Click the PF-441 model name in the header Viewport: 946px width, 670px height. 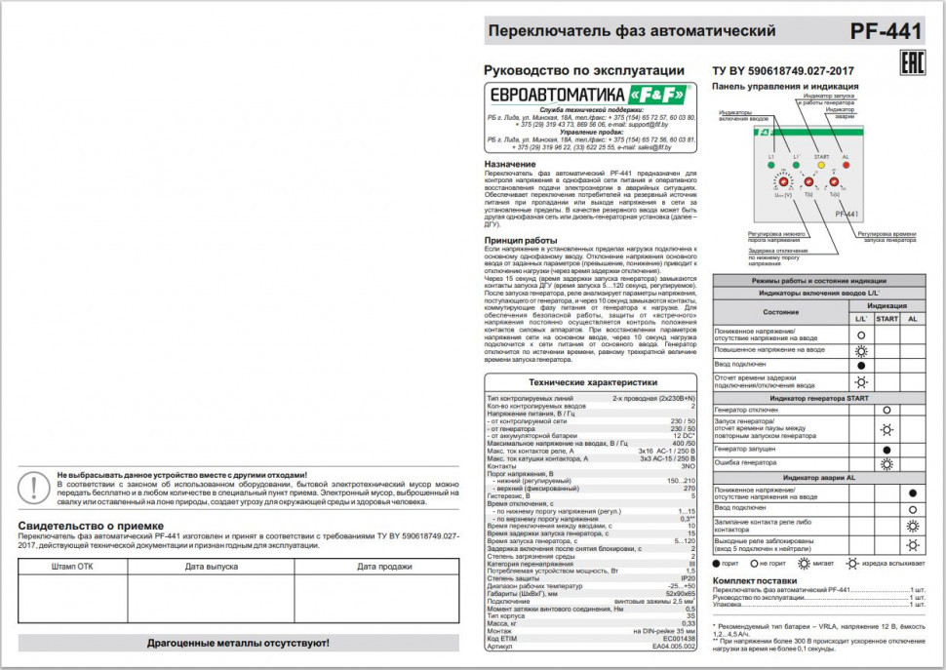coord(885,31)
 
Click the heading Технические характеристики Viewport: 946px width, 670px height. coord(591,383)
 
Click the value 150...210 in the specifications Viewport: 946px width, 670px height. coord(679,481)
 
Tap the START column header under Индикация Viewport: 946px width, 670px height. coord(887,319)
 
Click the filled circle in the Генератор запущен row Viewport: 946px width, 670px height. coord(887,450)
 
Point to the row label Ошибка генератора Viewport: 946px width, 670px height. coord(749,463)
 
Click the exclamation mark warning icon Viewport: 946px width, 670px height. coord(36,485)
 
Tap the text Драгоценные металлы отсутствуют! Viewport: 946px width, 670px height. coord(238,644)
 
